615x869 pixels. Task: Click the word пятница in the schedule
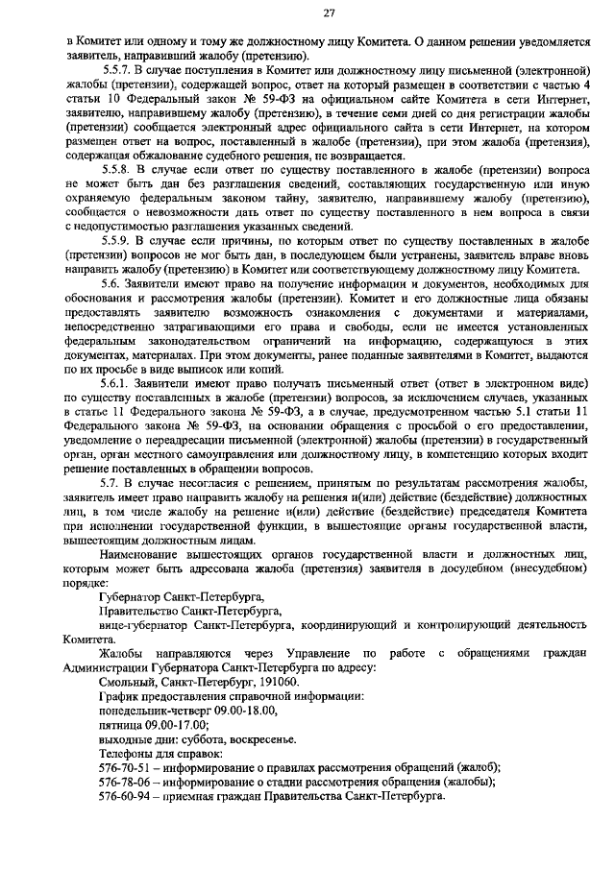click(x=122, y=724)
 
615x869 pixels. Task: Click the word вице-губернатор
click(x=146, y=624)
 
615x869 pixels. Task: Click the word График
click(x=119, y=695)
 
